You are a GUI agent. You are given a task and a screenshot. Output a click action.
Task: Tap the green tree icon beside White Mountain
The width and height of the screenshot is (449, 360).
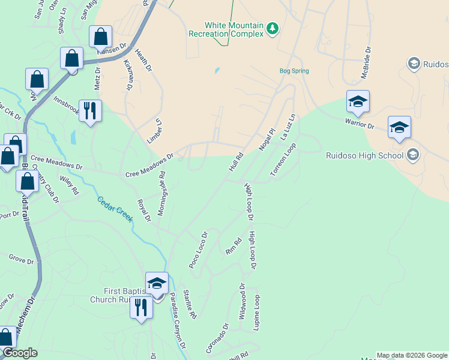[x=273, y=29]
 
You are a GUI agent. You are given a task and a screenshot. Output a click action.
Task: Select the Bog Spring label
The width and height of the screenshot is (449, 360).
[x=294, y=71]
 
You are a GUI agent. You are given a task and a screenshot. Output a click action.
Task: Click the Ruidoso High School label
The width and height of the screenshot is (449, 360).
[x=365, y=155]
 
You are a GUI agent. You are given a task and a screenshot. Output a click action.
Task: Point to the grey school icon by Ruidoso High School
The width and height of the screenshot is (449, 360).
[x=412, y=155]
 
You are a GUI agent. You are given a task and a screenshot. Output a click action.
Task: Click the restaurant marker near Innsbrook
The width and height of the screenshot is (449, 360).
[x=90, y=110]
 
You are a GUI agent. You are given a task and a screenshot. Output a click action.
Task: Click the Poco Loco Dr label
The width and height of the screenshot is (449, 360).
[x=197, y=250]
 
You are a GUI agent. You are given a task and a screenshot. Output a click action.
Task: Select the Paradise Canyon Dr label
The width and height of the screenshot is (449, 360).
[x=176, y=325]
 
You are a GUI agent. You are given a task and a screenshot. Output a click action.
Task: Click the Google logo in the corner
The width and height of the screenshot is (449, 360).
[x=19, y=353]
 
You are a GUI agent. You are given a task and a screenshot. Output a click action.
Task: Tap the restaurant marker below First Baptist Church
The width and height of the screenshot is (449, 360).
[x=141, y=308]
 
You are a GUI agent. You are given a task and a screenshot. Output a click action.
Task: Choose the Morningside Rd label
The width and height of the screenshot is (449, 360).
[x=161, y=193]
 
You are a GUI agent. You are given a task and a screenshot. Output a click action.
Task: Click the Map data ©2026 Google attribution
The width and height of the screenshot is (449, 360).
[x=412, y=355]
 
